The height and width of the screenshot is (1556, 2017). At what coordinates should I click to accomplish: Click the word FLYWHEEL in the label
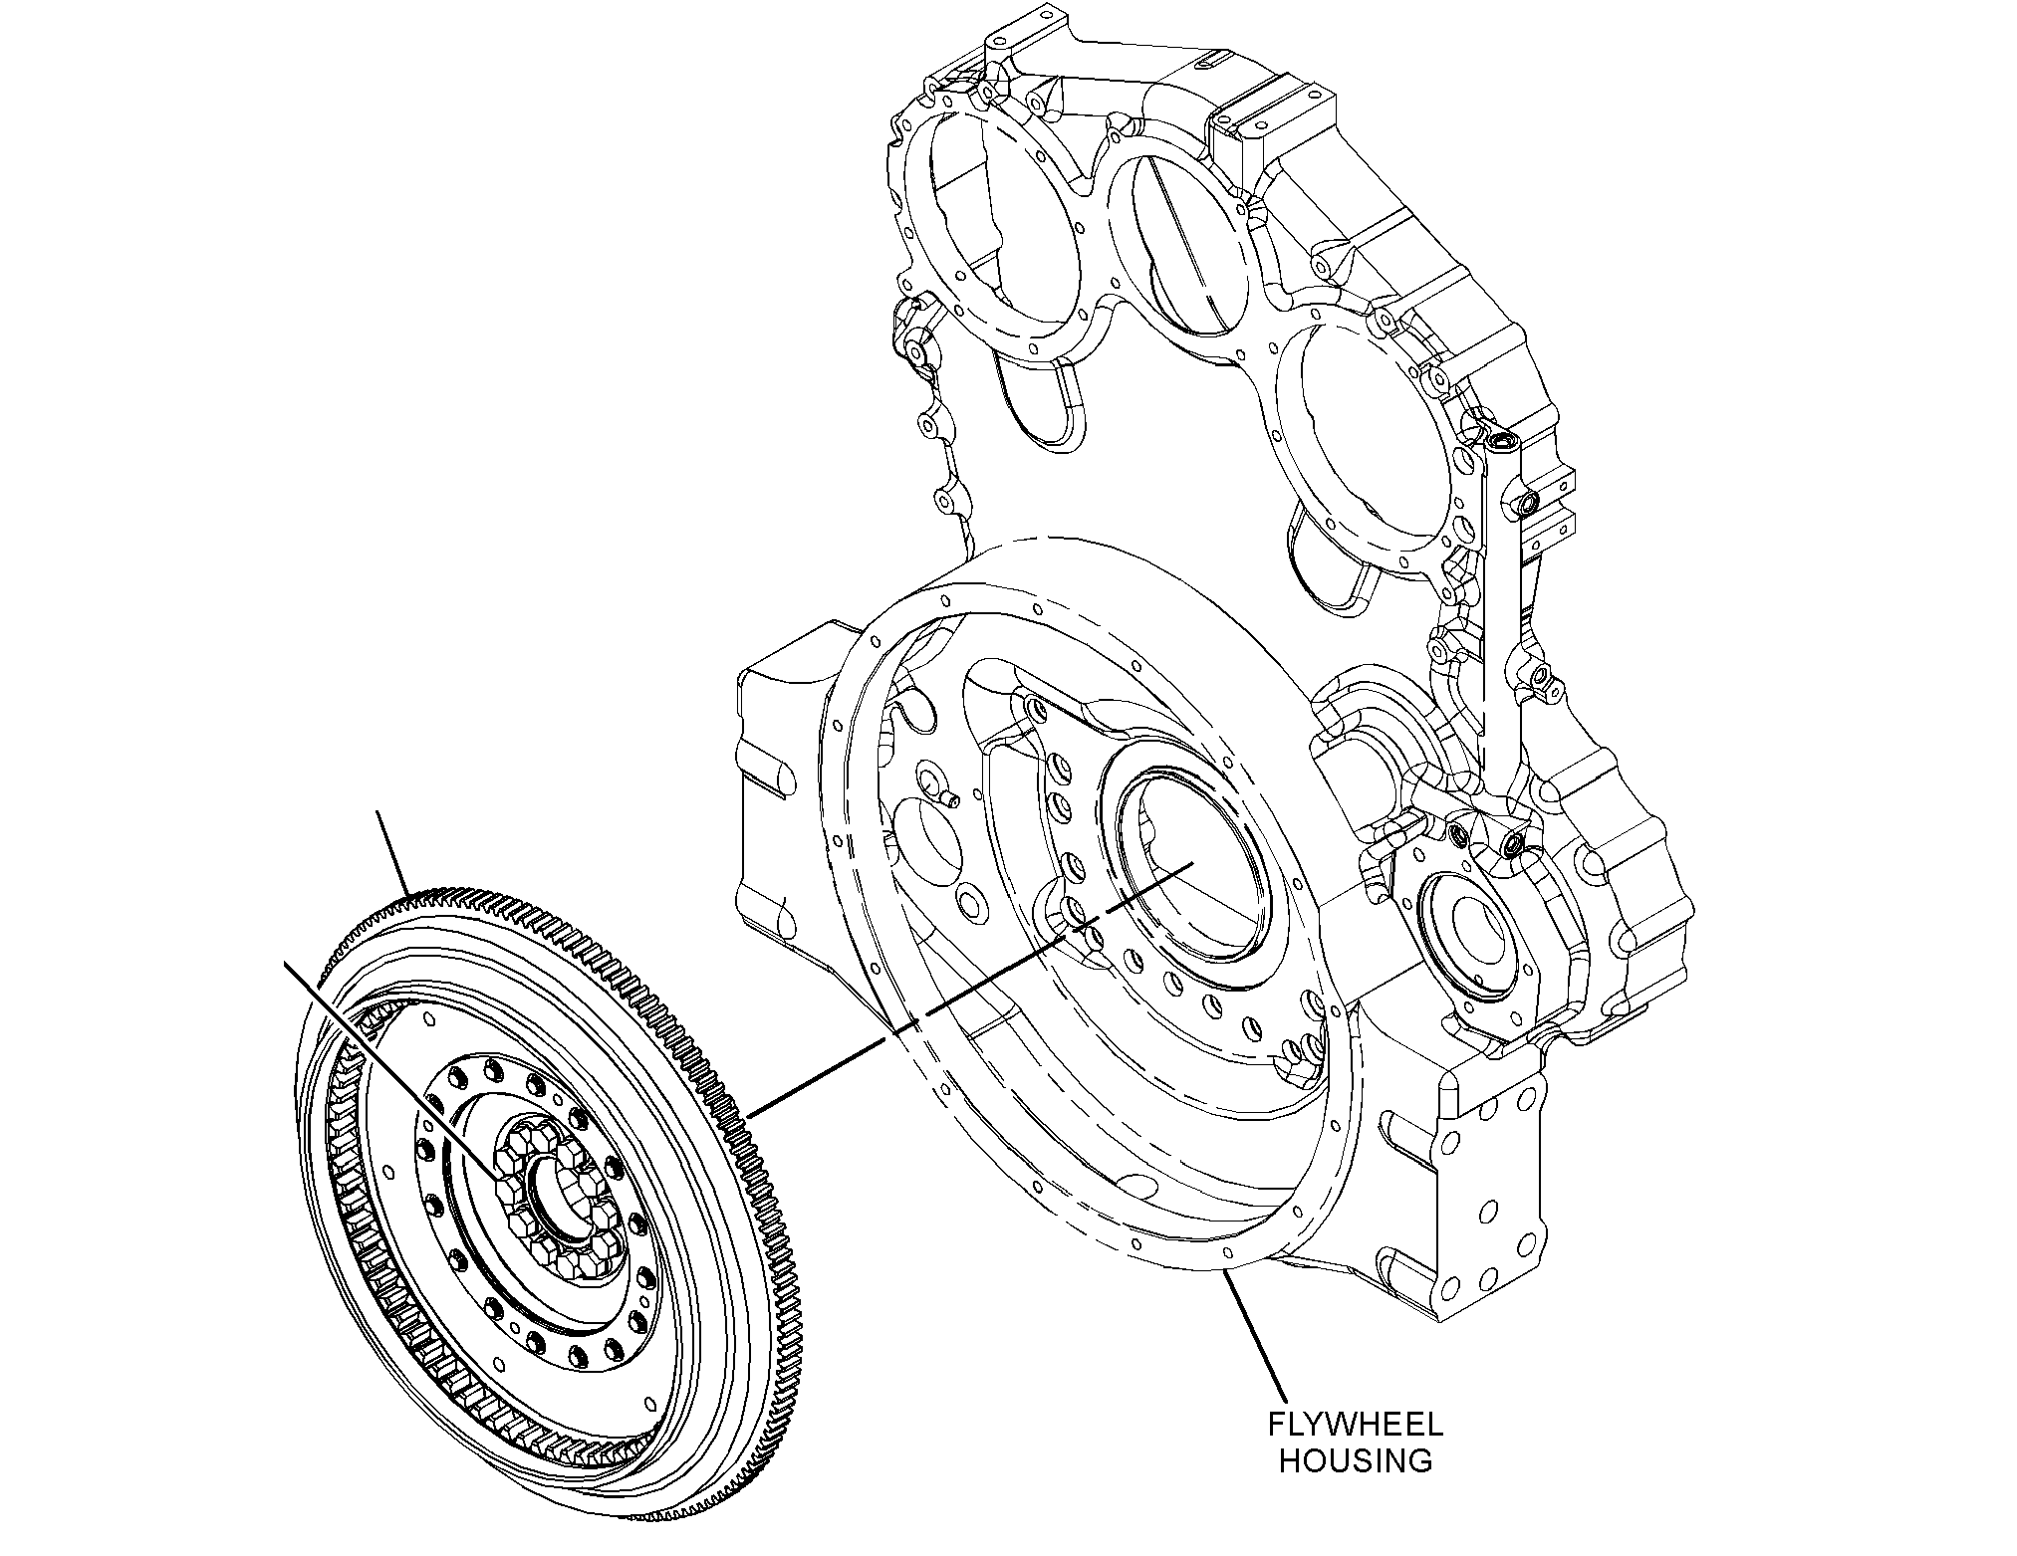(1355, 1425)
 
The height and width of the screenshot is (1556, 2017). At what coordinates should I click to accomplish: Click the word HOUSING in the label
(1356, 1461)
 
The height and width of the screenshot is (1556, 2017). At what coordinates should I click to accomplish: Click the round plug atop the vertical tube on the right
(1499, 439)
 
